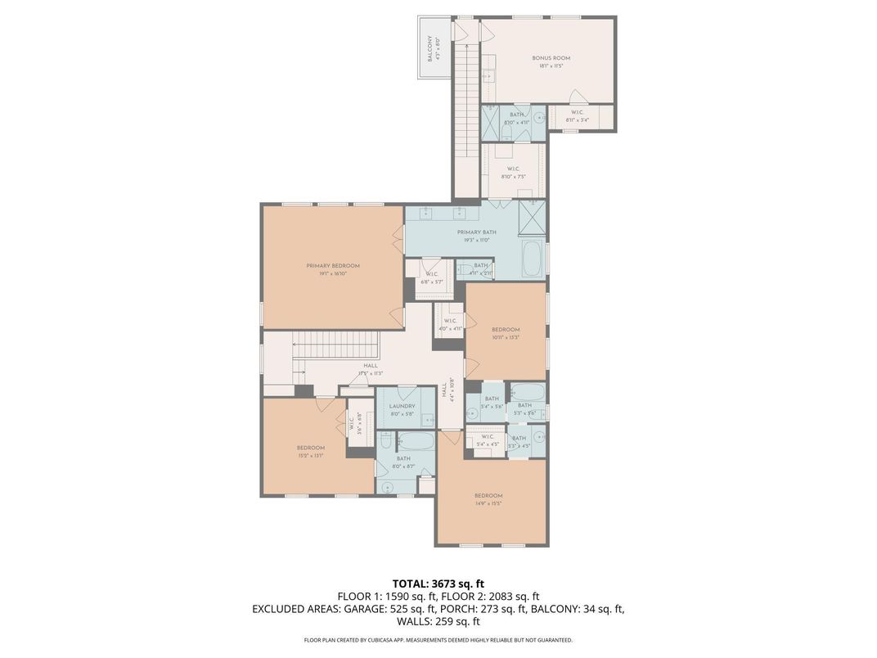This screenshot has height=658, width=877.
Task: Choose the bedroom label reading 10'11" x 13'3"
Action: (x=506, y=334)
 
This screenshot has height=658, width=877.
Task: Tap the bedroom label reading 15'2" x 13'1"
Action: (x=310, y=452)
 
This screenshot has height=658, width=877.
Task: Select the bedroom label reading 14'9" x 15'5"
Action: (x=488, y=500)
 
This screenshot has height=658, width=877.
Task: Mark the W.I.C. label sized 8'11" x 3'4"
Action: (x=577, y=116)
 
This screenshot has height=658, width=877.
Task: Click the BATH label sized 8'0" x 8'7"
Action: (x=403, y=462)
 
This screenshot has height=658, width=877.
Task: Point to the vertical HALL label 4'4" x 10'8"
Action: (x=448, y=390)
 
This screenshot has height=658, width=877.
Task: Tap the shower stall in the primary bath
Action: (x=532, y=217)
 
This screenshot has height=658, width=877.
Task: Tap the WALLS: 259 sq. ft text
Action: (x=438, y=621)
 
